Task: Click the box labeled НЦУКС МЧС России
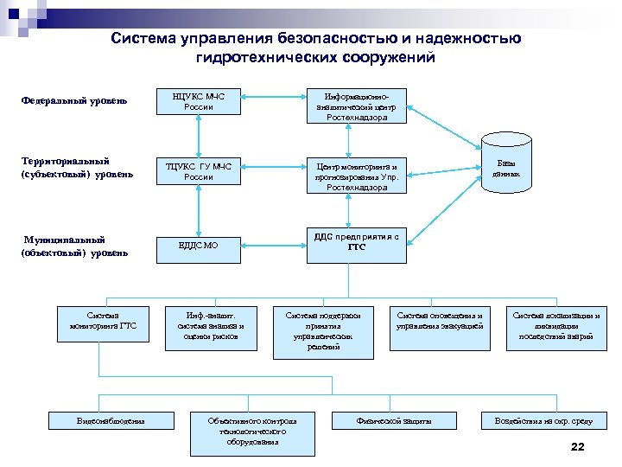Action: click(199, 102)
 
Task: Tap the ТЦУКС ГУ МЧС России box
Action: click(199, 171)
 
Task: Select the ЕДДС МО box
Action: click(199, 245)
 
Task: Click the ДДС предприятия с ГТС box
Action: click(357, 241)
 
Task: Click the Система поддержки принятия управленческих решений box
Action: click(323, 329)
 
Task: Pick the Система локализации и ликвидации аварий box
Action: click(556, 326)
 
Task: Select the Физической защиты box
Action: click(394, 420)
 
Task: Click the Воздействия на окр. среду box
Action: click(543, 420)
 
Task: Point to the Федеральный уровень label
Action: click(74, 101)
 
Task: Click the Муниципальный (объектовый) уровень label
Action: click(74, 246)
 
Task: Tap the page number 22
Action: click(578, 447)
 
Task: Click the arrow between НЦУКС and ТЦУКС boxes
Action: click(199, 135)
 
